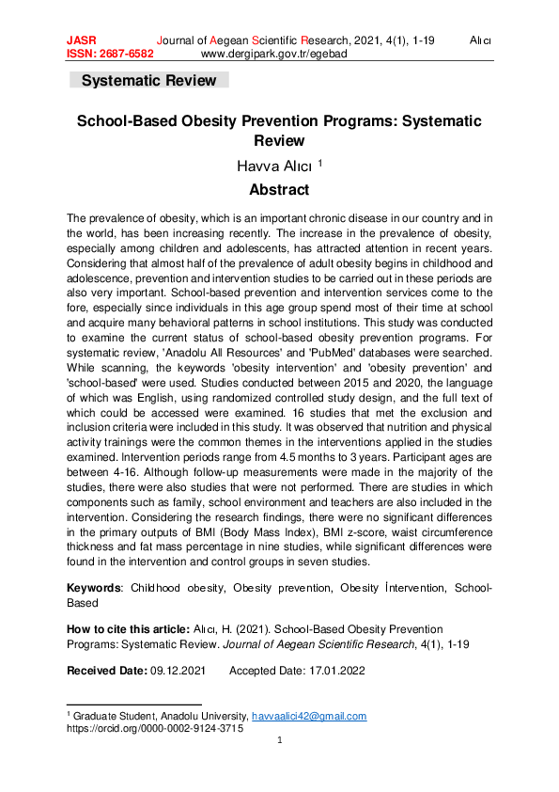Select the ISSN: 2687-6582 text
(110, 55)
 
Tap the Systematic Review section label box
(148, 81)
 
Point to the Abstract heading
(279, 190)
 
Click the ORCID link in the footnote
(155, 728)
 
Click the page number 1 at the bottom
(280, 741)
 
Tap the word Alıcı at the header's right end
(481, 41)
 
